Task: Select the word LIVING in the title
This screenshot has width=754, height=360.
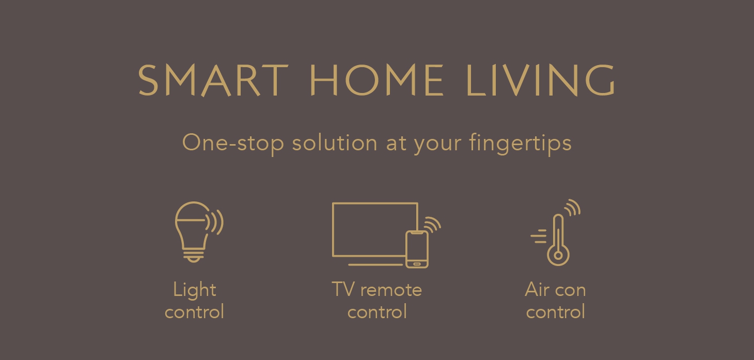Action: click(x=541, y=81)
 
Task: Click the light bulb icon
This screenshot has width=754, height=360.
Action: click(x=192, y=230)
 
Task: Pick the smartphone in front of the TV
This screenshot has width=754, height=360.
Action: click(x=417, y=249)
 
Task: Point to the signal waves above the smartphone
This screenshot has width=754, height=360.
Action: click(x=432, y=224)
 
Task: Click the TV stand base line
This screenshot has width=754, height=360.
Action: click(x=375, y=265)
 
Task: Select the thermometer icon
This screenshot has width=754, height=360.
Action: click(x=558, y=240)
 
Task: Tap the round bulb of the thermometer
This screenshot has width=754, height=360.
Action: click(x=558, y=255)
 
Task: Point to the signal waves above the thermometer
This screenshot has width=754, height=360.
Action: click(x=572, y=208)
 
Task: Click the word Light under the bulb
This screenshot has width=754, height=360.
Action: click(x=194, y=290)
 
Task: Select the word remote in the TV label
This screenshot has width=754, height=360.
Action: click(x=392, y=290)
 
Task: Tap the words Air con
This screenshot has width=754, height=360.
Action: click(x=555, y=290)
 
